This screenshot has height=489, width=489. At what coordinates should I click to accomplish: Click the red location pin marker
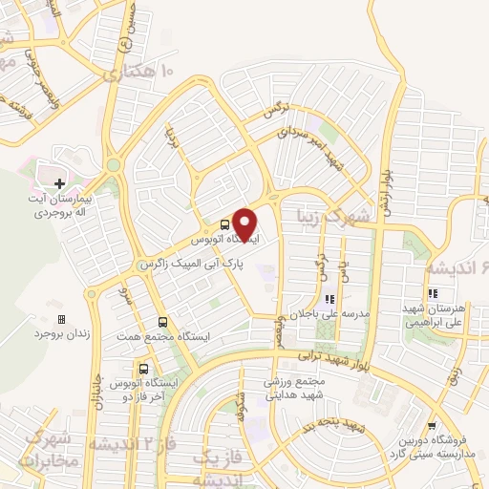[x=246, y=224]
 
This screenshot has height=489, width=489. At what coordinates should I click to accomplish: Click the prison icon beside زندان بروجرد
[x=62, y=319]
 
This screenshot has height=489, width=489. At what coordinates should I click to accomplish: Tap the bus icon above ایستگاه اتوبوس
[x=223, y=216]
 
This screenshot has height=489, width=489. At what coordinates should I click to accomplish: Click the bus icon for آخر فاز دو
[x=143, y=368]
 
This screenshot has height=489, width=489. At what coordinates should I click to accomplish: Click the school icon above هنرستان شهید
[x=433, y=294]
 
